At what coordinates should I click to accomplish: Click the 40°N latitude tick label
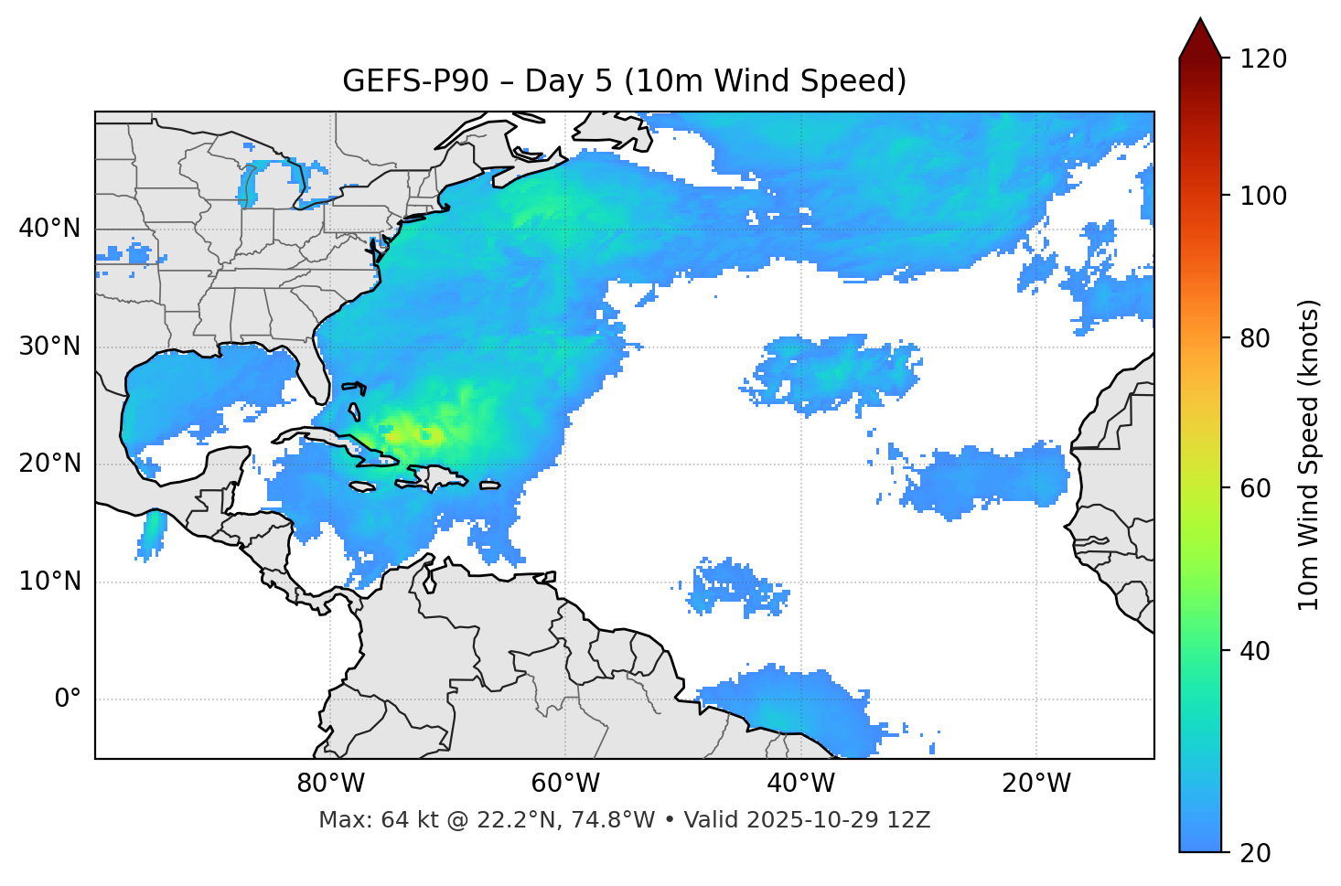click(49, 229)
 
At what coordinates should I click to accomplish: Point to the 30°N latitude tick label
click(49, 347)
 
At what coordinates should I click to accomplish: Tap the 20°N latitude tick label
click(49, 464)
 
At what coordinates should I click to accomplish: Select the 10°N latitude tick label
click(49, 582)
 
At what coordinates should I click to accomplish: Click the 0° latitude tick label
click(68, 699)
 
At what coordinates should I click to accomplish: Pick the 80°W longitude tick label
click(330, 784)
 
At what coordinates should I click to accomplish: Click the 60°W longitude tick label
click(565, 784)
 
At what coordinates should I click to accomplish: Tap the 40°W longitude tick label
click(800, 784)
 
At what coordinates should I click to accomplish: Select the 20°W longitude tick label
click(1035, 784)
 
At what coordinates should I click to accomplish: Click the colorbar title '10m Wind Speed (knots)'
click(1309, 454)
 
